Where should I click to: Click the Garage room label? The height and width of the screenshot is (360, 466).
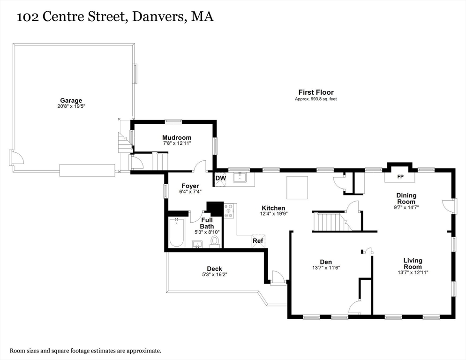click(71, 100)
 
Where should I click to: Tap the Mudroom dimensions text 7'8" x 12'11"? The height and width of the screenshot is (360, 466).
click(177, 143)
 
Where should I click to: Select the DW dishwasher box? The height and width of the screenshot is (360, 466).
click(220, 178)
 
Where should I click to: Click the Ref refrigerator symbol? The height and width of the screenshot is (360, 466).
click(258, 241)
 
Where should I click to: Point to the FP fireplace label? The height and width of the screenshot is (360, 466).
click(400, 177)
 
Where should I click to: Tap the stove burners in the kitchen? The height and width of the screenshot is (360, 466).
click(229, 211)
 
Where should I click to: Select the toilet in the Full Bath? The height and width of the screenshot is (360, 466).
click(215, 241)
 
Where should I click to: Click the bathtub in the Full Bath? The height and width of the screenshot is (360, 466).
click(176, 233)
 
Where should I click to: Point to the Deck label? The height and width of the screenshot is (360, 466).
click(214, 269)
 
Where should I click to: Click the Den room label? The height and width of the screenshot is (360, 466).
click(326, 262)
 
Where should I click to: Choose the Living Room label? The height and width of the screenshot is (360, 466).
click(413, 263)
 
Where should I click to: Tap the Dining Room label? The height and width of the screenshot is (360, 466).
click(406, 198)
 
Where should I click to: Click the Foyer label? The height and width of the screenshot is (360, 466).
click(190, 186)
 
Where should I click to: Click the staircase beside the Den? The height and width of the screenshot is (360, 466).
click(328, 221)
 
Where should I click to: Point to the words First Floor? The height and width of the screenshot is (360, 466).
click(316, 92)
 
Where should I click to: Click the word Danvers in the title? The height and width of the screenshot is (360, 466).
click(158, 17)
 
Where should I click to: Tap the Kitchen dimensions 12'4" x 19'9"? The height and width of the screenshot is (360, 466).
click(273, 213)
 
